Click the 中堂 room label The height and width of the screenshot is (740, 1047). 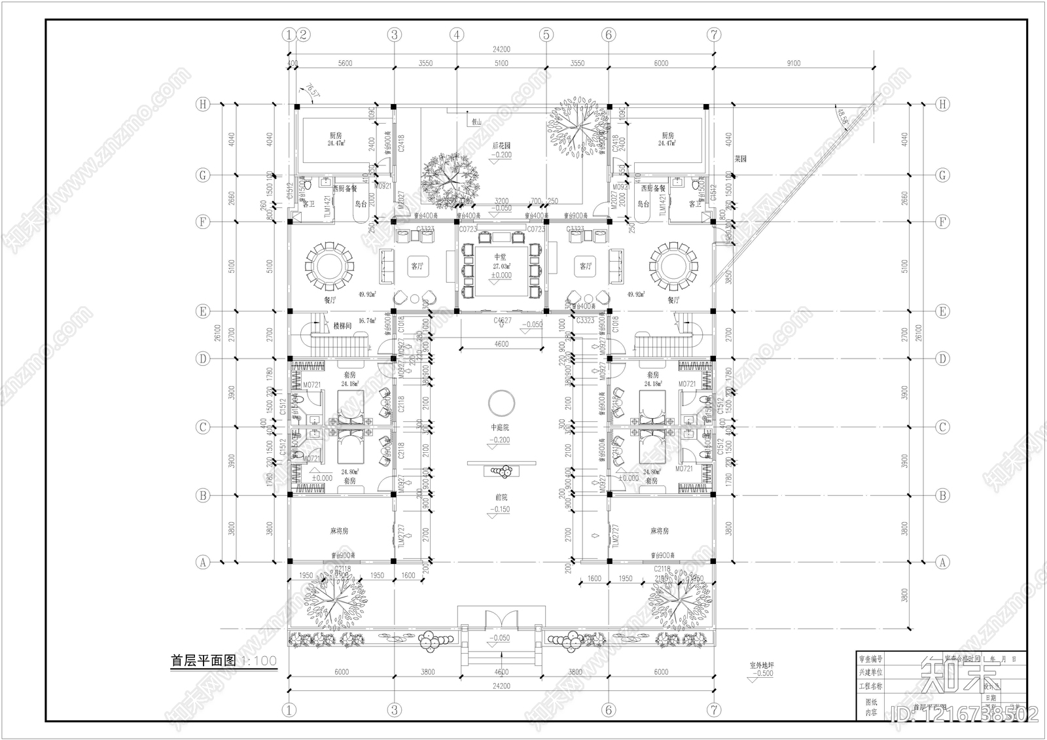[500, 257]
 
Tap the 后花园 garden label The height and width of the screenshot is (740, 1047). [501, 146]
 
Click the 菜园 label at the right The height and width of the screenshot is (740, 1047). [740, 158]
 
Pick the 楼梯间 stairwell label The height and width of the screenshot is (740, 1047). [343, 325]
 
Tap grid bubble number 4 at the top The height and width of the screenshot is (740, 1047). [457, 34]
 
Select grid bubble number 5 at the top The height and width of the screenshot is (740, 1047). [547, 34]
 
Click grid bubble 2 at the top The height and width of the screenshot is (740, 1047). [303, 34]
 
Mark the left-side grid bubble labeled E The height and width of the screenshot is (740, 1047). [204, 311]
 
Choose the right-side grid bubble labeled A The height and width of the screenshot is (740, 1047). [942, 561]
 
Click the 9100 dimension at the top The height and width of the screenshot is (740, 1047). [793, 63]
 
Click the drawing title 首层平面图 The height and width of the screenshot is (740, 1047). [203, 661]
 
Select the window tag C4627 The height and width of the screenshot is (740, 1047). [502, 321]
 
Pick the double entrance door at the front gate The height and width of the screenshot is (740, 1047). [501, 621]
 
